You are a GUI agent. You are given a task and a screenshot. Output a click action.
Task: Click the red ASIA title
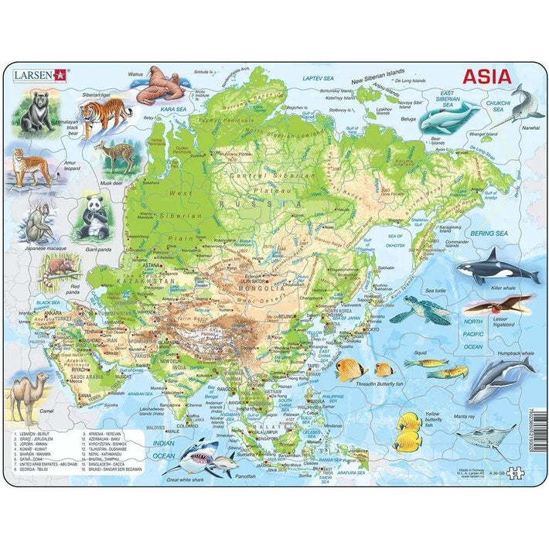(486, 77)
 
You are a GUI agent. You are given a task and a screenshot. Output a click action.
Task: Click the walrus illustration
(164, 85)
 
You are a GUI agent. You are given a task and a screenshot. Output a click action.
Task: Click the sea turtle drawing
(421, 311)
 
